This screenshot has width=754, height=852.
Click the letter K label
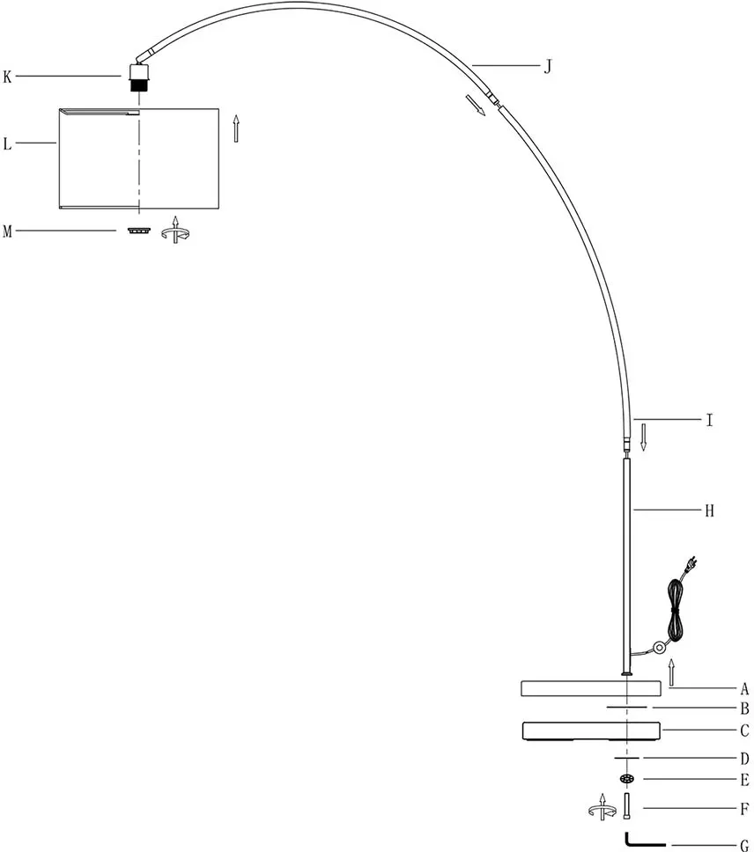(x=7, y=77)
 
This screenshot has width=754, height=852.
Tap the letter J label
(x=548, y=66)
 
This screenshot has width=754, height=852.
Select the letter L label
(x=7, y=144)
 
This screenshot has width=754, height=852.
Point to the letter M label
(x=7, y=231)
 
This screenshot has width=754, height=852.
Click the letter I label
(x=709, y=420)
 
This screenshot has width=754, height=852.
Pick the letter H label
(x=709, y=510)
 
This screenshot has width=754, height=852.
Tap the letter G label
(x=744, y=845)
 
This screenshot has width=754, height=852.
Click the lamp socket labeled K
(x=139, y=77)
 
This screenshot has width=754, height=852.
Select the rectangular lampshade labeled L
(x=138, y=158)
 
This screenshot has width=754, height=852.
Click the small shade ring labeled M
(x=139, y=231)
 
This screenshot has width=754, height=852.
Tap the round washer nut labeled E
(x=627, y=779)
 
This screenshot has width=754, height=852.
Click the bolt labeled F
(x=628, y=807)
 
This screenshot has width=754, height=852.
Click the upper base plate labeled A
(x=591, y=688)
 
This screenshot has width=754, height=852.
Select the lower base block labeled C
(x=591, y=731)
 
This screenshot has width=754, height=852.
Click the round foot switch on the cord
(x=660, y=647)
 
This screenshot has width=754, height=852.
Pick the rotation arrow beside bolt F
(x=602, y=807)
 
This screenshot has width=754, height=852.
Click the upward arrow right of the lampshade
(x=236, y=129)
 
